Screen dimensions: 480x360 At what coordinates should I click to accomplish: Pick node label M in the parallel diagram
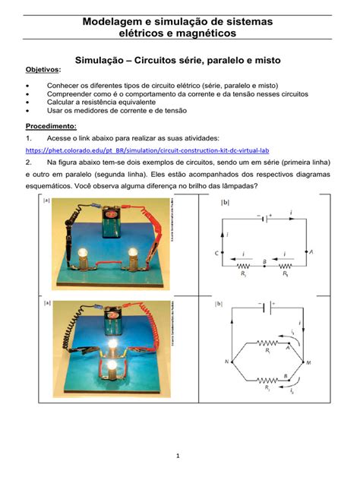(309, 362)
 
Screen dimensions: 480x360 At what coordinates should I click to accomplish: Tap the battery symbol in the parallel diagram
(263, 308)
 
